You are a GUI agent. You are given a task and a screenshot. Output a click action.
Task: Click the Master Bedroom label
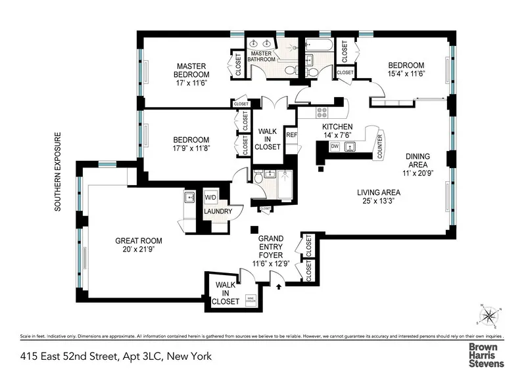click(191, 70)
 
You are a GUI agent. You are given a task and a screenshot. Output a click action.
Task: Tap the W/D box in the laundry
click(211, 197)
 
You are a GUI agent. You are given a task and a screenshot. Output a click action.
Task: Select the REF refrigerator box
click(292, 135)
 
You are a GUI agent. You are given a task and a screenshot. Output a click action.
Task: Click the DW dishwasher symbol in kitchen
click(335, 146)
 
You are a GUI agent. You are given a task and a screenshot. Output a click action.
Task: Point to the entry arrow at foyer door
click(279, 286)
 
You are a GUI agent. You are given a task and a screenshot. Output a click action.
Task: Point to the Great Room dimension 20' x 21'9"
click(138, 250)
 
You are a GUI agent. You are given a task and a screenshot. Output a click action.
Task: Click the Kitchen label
click(337, 127)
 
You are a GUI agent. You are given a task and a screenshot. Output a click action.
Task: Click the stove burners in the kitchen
click(322, 112)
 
